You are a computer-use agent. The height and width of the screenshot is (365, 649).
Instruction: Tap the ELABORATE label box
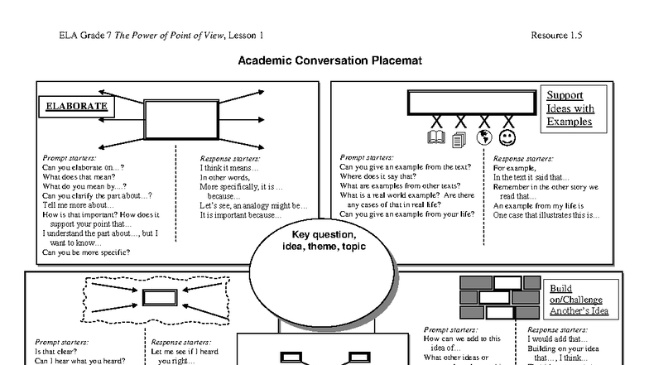(76, 107)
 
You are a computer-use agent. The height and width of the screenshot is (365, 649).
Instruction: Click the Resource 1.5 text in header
(556, 35)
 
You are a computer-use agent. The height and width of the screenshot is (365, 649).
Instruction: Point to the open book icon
(435, 138)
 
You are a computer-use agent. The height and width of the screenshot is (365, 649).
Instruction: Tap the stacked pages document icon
(459, 139)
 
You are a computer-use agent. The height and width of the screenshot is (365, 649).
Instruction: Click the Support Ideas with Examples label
(570, 108)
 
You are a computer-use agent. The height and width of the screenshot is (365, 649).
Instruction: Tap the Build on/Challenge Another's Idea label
(576, 300)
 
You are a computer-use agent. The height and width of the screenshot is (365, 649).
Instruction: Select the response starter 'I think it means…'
(229, 167)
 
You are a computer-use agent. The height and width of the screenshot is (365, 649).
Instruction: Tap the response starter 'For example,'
(515, 167)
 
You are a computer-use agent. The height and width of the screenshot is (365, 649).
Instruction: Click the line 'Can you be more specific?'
(85, 252)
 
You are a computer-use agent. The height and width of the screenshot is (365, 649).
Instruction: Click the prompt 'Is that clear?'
(56, 351)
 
